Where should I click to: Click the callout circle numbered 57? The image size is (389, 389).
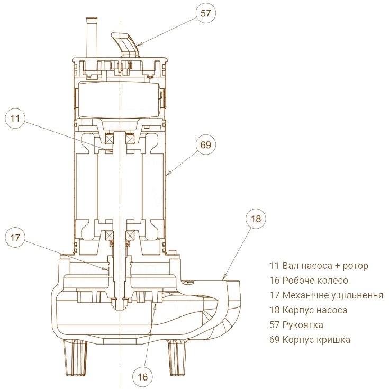[x=205, y=13]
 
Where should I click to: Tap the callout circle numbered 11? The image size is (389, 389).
[x=15, y=119]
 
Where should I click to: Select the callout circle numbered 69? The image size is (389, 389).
[x=205, y=144]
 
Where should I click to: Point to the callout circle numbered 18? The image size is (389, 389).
[x=256, y=219]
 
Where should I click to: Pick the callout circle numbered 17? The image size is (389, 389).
[x=15, y=238]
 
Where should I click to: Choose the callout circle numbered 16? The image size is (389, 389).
[x=142, y=377]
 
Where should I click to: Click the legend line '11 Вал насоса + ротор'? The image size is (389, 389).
[x=319, y=266]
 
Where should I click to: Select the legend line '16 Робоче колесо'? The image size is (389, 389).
[x=309, y=281]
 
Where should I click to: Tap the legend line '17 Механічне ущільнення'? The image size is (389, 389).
[x=326, y=295]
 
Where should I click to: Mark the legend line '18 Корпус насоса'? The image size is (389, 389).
[x=308, y=310]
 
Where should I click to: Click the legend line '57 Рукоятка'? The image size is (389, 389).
[x=296, y=325]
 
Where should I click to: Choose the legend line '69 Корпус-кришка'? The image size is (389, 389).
[x=310, y=340]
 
